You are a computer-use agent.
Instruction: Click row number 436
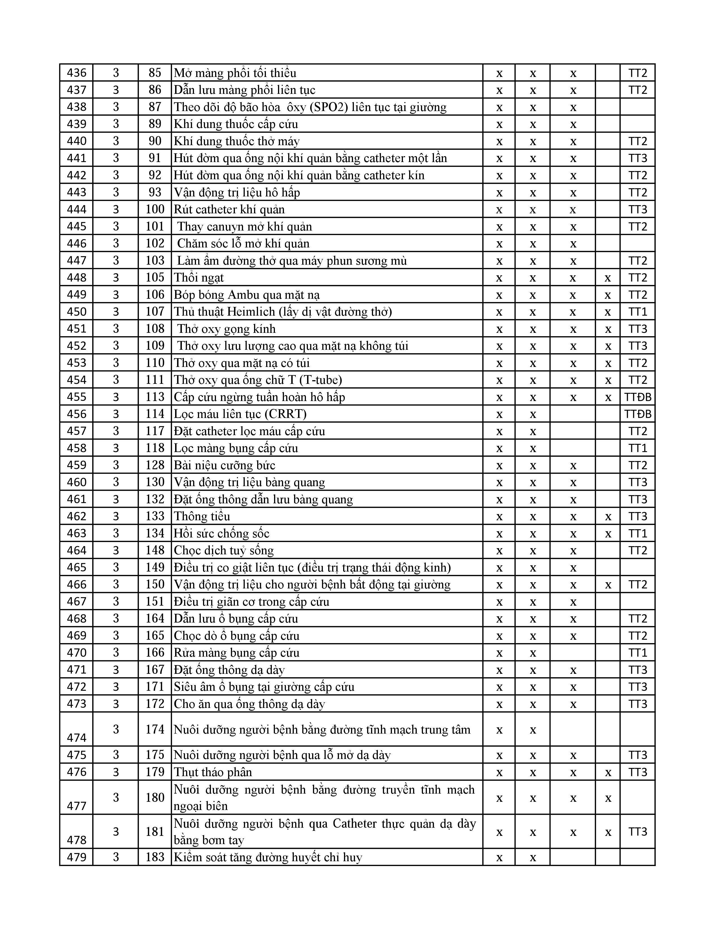click(77, 73)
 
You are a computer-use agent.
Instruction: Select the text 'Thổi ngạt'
click(199, 278)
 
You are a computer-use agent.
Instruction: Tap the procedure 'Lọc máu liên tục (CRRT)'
click(240, 414)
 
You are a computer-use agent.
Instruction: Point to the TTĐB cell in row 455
click(637, 397)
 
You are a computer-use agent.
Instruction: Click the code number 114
click(155, 414)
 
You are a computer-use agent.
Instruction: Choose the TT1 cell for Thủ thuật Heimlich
click(637, 312)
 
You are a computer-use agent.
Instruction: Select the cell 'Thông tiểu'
click(202, 516)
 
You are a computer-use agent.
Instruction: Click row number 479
click(77, 857)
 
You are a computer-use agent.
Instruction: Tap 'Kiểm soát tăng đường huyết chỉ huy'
click(268, 857)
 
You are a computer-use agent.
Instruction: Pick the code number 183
click(155, 857)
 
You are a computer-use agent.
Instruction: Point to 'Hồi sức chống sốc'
click(222, 533)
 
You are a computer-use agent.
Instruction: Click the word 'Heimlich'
click(251, 312)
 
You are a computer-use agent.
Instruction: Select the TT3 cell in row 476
click(637, 772)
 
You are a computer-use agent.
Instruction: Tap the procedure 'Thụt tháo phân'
click(213, 772)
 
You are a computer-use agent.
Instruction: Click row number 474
click(77, 738)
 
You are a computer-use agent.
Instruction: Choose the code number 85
click(155, 73)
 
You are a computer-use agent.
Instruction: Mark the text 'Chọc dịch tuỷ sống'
click(224, 550)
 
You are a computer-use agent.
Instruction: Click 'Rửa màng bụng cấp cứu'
click(236, 653)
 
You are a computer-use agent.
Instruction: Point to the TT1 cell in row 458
click(637, 448)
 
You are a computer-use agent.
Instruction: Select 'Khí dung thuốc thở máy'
click(236, 141)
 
